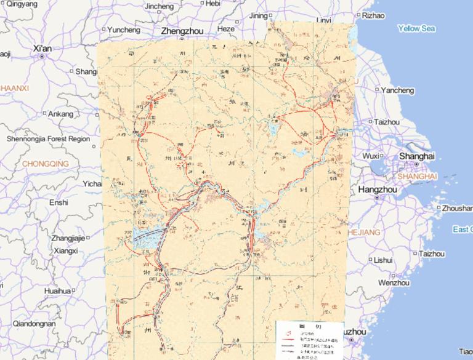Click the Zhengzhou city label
tap(182, 30)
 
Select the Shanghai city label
tap(417, 156)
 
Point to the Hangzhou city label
tap(378, 190)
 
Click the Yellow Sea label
tap(416, 28)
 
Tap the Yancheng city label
tap(397, 90)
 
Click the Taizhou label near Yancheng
tap(387, 122)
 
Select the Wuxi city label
tap(371, 156)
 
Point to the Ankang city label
tap(60, 114)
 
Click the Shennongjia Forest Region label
tap(48, 139)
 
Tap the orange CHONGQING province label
tap(45, 164)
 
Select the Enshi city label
tap(59, 202)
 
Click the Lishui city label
tap(383, 260)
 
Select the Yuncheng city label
tap(123, 30)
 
